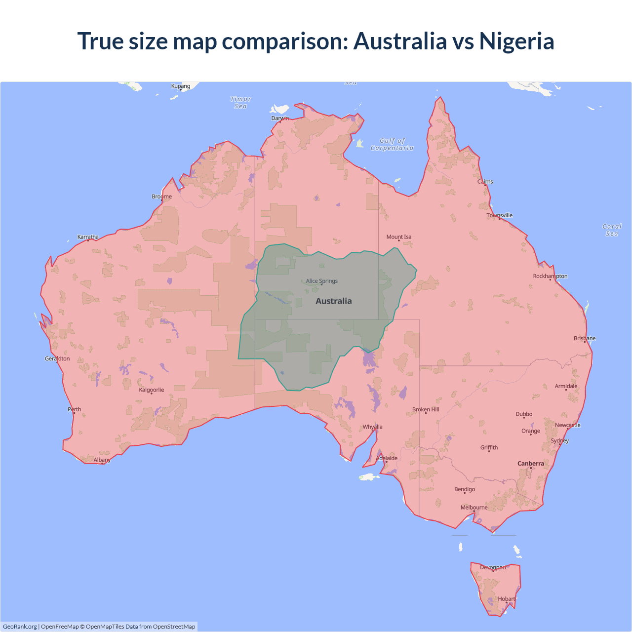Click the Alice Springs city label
point(322,281)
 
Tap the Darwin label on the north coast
point(280,118)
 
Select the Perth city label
point(75,409)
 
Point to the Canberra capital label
point(531,464)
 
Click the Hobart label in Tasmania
point(506,599)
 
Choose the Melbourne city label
point(474,508)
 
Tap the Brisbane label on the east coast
point(585,338)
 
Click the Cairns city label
point(485,182)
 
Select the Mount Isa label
point(399,237)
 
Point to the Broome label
point(162,197)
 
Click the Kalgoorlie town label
point(152,390)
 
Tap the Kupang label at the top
point(181,86)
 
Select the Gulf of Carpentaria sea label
point(392,144)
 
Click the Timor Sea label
point(240,103)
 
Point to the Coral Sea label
point(612,230)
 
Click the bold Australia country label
point(334,301)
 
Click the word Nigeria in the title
point(516,41)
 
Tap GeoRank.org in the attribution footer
point(20,627)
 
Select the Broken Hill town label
point(426,410)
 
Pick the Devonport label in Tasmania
point(493,567)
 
